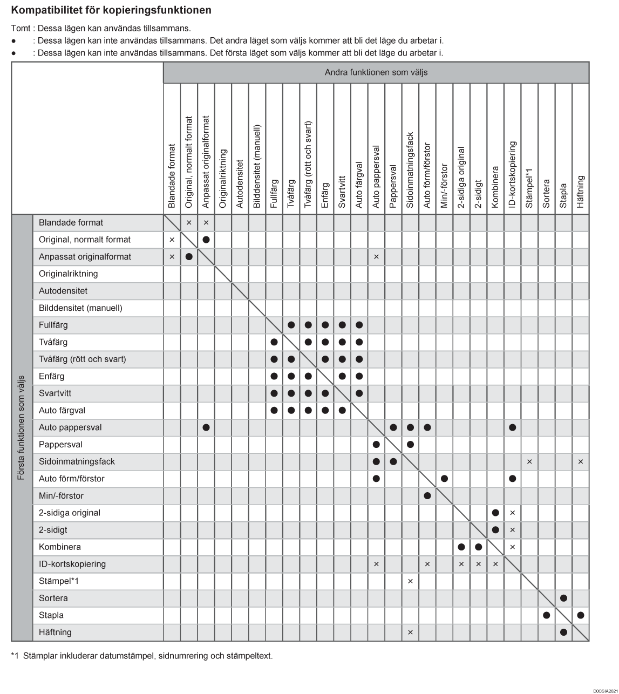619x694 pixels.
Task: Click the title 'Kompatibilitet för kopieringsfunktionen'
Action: coord(111,10)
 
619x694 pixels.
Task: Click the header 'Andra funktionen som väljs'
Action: coord(376,72)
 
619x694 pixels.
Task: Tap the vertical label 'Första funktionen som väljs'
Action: coord(22,427)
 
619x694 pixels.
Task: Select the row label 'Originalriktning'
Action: coord(69,274)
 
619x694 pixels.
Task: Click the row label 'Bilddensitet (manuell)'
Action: coord(80,308)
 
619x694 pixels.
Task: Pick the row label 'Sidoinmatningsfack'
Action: coord(77,461)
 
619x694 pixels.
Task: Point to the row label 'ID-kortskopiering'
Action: coord(72,564)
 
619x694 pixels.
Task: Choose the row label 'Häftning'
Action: coord(55,632)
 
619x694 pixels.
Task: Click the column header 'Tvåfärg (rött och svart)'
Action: coord(308,164)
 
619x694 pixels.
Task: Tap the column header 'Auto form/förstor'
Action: coord(427,175)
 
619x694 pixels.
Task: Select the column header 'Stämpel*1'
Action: coord(529,188)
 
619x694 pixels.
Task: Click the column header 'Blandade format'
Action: coord(172,176)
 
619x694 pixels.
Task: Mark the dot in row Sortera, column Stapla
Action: coord(563,598)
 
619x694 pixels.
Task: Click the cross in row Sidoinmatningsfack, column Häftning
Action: coord(581,461)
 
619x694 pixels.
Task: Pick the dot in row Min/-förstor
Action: coord(427,495)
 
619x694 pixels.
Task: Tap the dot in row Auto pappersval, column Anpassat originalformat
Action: coord(206,427)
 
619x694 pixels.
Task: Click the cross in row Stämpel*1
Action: coord(410,581)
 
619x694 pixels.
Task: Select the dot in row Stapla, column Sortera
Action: coord(546,615)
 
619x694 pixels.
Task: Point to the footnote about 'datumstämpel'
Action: coord(142,656)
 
